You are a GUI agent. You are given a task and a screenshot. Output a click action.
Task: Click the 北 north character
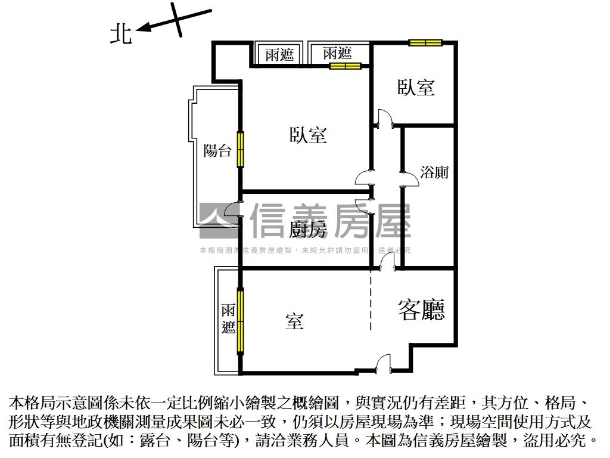click(x=121, y=33)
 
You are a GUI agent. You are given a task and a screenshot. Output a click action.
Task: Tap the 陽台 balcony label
click(x=217, y=150)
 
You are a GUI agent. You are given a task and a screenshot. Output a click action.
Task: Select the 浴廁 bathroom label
click(x=434, y=172)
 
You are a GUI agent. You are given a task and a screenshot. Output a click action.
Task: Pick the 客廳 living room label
click(x=422, y=310)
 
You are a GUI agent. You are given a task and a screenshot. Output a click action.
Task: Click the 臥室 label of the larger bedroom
click(x=308, y=135)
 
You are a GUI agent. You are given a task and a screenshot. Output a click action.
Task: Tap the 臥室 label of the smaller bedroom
click(x=416, y=87)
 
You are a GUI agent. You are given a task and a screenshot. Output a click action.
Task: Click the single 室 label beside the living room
click(x=294, y=321)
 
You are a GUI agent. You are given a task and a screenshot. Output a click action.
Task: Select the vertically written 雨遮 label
click(x=228, y=319)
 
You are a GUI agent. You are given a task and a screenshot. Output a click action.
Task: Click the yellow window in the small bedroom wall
click(x=425, y=42)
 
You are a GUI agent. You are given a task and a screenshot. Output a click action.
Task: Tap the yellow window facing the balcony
click(x=241, y=150)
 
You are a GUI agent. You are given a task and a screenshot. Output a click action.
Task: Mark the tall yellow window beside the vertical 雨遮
click(x=240, y=320)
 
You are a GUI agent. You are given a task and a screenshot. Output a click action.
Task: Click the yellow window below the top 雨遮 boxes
click(x=346, y=66)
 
